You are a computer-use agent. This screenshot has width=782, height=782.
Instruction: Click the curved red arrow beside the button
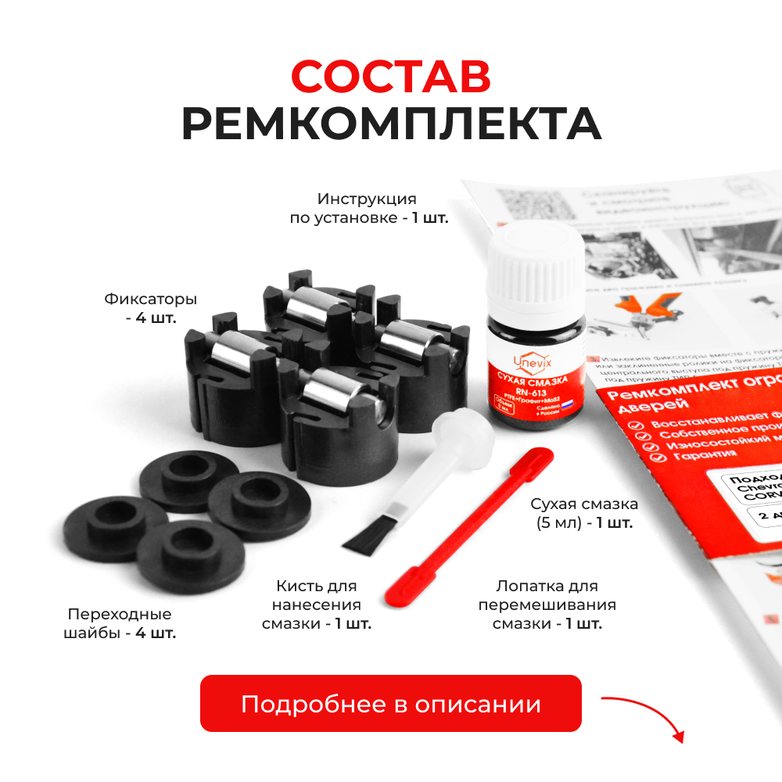coord(645,715)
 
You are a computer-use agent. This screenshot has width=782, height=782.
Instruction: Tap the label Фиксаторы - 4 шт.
coord(150,308)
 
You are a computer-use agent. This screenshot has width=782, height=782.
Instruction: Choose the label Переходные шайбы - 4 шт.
coord(119,623)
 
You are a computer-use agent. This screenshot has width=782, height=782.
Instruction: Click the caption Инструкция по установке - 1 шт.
coord(368,208)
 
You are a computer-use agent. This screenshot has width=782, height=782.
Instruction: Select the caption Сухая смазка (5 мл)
coord(583,513)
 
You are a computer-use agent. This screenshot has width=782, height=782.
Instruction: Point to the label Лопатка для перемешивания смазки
coord(547,604)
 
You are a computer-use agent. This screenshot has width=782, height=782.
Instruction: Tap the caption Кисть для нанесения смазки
coord(317,604)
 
